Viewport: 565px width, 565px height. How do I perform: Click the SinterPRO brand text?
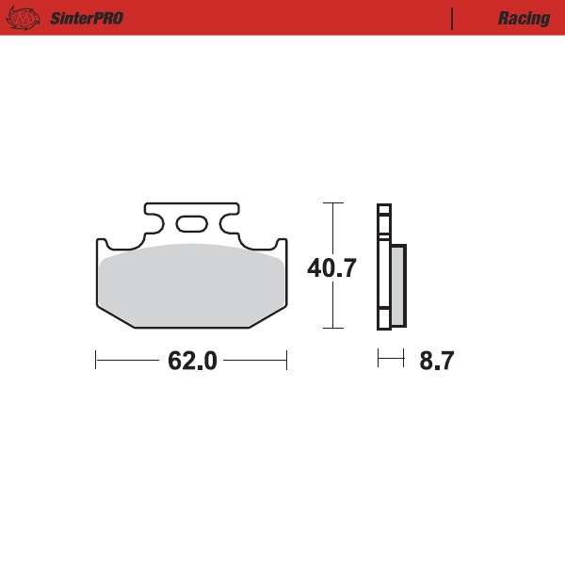pyautogui.click(x=86, y=18)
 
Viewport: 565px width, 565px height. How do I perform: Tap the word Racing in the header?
pyautogui.click(x=524, y=18)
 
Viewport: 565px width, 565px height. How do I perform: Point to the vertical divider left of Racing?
pyautogui.click(x=453, y=18)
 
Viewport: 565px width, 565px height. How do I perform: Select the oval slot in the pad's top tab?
pyautogui.click(x=191, y=224)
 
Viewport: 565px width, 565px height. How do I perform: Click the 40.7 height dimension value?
pyautogui.click(x=331, y=268)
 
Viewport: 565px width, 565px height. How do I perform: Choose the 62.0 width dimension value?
pyautogui.click(x=192, y=361)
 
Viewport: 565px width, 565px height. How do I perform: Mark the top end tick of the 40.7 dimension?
pyautogui.click(x=331, y=202)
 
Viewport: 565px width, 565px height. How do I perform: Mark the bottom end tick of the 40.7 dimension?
pyautogui.click(x=331, y=329)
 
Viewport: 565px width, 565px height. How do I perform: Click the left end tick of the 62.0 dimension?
pyautogui.click(x=96, y=360)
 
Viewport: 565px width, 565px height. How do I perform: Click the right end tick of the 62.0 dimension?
pyautogui.click(x=286, y=360)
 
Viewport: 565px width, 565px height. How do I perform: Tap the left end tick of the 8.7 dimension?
pyautogui.click(x=378, y=359)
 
